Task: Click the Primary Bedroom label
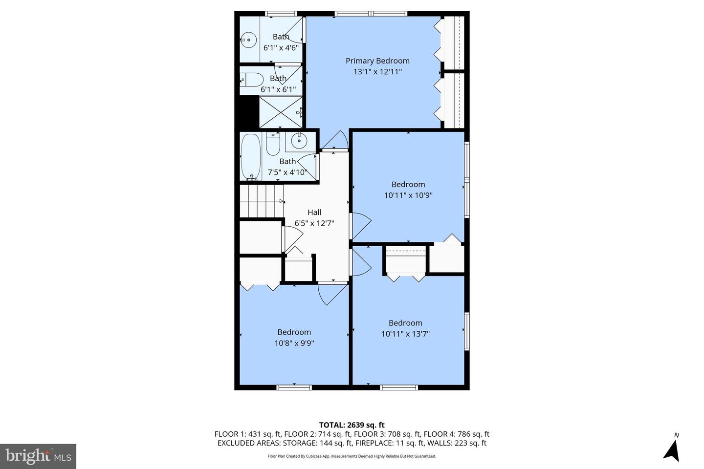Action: tap(377, 61)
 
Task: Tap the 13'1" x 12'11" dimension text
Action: tap(378, 72)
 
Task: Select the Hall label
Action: tap(314, 213)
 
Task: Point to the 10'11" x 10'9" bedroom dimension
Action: tap(408, 195)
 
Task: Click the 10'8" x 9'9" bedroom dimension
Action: tap(294, 343)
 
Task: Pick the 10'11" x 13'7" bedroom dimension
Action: tap(405, 334)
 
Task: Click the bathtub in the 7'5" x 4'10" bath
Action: tap(251, 157)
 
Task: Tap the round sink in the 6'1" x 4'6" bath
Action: tap(248, 40)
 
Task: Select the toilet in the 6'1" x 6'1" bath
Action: tap(252, 80)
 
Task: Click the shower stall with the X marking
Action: tap(281, 112)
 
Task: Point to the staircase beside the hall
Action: tap(262, 201)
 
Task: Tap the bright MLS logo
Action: tap(38, 456)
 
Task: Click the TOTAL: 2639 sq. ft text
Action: tap(352, 425)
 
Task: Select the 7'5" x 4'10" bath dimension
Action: tap(287, 172)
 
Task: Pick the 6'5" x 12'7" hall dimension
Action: tap(314, 223)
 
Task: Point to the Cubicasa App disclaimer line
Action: tap(352, 456)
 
